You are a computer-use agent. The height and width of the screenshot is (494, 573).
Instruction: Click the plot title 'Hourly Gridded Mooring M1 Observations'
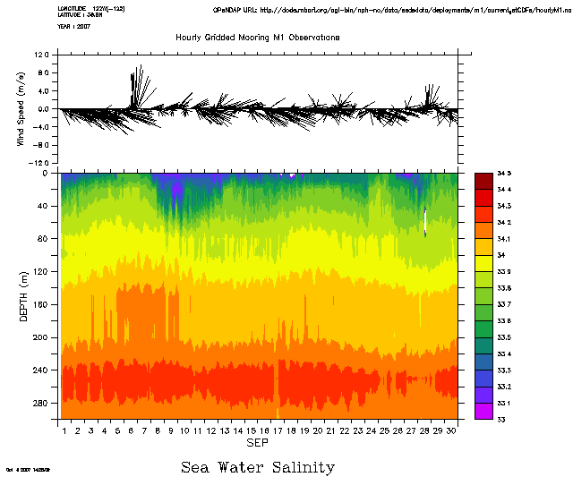[257, 38]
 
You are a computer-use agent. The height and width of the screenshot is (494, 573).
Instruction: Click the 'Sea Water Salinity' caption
[257, 467]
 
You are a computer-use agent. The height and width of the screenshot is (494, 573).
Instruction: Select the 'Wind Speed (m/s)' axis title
[20, 110]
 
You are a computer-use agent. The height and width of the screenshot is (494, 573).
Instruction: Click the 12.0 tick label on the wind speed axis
[41, 55]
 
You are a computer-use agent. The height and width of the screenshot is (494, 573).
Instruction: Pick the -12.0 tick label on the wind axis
[39, 163]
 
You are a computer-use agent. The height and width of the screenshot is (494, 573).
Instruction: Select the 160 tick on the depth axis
[43, 305]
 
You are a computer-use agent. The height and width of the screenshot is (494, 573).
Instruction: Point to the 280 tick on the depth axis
[43, 403]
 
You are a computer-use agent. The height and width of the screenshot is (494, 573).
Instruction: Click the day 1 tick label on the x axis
[65, 430]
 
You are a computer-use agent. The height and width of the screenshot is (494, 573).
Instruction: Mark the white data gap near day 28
[425, 220]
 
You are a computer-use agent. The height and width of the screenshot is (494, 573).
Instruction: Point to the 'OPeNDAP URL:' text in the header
[236, 8]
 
